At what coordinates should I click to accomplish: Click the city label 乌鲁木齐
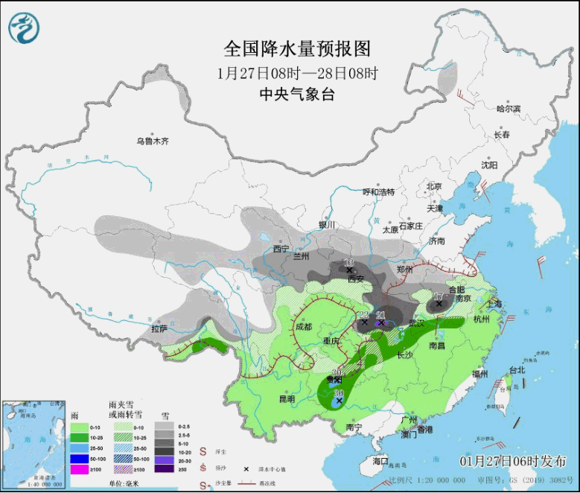tap(152, 141)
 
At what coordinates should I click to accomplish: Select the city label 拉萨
tap(159, 328)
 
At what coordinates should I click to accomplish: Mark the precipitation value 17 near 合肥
tap(438, 295)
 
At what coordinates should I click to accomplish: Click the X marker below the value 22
tap(364, 322)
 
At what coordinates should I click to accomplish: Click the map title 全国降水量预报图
tap(297, 48)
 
